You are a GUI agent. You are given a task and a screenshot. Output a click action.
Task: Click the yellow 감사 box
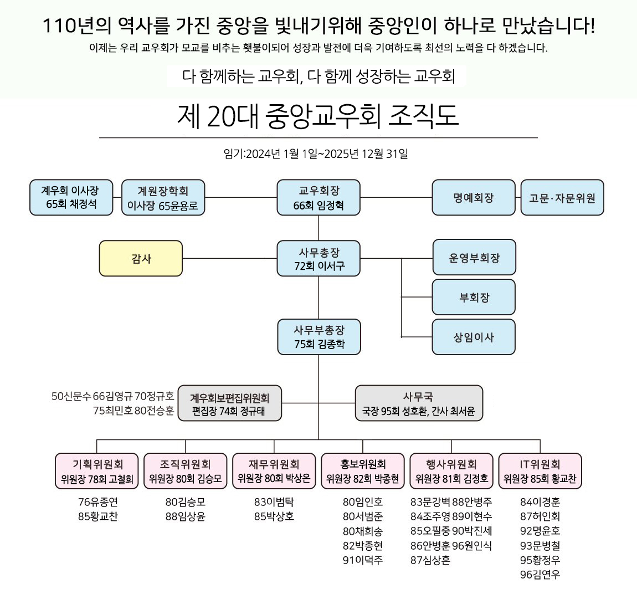141,258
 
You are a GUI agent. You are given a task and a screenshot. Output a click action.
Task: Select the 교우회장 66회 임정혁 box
318,198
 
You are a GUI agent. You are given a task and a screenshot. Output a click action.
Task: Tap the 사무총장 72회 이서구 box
318,259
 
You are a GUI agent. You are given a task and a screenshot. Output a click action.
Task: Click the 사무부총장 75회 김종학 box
318,337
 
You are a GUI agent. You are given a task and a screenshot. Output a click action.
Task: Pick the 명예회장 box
473,198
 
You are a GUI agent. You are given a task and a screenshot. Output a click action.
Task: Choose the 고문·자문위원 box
562,198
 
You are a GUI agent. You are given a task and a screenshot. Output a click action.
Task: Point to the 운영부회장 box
474,258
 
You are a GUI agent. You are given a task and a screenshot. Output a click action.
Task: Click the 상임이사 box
474,337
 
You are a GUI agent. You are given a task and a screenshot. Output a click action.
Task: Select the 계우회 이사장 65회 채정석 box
71,197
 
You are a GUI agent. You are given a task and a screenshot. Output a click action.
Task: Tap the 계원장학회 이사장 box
163,198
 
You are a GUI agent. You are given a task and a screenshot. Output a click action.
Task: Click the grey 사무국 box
419,403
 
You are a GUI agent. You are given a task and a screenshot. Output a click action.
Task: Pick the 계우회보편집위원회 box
229,403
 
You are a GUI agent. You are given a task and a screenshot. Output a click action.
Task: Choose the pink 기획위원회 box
97,471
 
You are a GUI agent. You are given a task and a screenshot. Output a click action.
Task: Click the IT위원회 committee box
540,471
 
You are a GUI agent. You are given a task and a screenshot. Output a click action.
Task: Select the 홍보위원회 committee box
363,471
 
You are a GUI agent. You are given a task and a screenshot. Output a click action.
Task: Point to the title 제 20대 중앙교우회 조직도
318,116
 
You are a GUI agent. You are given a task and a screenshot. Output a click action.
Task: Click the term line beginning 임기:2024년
316,153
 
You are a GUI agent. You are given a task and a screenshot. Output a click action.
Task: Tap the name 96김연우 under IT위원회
540,575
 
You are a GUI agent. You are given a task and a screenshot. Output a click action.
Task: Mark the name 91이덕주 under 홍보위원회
363,560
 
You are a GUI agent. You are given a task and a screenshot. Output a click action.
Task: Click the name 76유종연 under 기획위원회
98,502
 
